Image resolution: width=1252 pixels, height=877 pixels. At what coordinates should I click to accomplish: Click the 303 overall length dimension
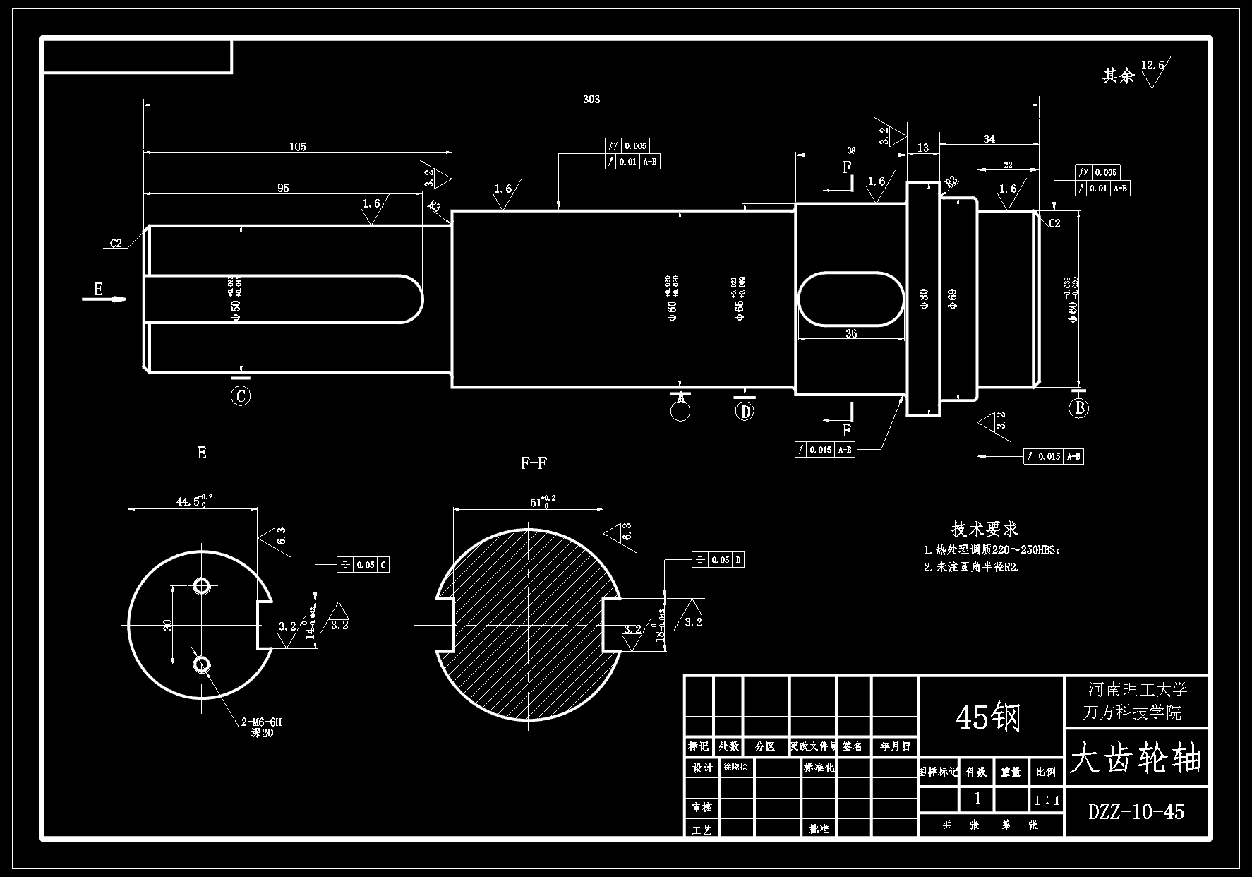(x=591, y=100)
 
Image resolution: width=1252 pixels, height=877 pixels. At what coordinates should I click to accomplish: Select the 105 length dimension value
(x=297, y=147)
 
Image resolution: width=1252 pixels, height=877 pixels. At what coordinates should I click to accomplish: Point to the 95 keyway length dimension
(x=282, y=188)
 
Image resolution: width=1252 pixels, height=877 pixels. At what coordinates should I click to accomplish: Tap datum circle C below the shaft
(x=241, y=396)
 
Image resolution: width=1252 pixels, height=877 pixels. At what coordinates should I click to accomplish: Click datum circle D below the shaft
(x=745, y=411)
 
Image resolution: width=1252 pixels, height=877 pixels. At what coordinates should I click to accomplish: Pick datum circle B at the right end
(x=1078, y=408)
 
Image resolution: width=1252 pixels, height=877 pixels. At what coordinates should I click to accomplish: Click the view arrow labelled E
(x=99, y=289)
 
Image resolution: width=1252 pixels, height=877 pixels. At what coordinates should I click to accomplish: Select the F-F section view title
(x=534, y=463)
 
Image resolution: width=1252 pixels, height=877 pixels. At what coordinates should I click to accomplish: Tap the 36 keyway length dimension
(x=850, y=333)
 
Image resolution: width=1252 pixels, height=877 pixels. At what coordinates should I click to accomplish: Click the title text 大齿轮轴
(x=1136, y=760)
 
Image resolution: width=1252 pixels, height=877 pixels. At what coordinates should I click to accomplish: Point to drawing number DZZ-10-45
(x=1136, y=812)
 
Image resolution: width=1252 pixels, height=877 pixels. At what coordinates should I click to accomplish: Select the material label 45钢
(x=988, y=718)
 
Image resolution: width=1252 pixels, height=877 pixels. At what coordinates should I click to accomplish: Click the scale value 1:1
(x=1047, y=801)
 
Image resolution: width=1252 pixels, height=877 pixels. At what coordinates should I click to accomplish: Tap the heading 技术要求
(x=985, y=528)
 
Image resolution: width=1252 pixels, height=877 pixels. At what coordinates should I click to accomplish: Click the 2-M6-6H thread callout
(x=261, y=722)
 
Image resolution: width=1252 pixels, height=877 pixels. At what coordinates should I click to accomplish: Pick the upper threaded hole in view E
(x=202, y=586)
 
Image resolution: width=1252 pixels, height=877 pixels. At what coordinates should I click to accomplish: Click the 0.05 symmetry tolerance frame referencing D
(x=718, y=560)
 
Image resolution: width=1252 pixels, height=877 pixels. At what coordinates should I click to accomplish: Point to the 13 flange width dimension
(x=922, y=148)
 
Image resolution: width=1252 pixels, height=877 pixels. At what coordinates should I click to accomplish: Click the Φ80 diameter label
(x=923, y=299)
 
